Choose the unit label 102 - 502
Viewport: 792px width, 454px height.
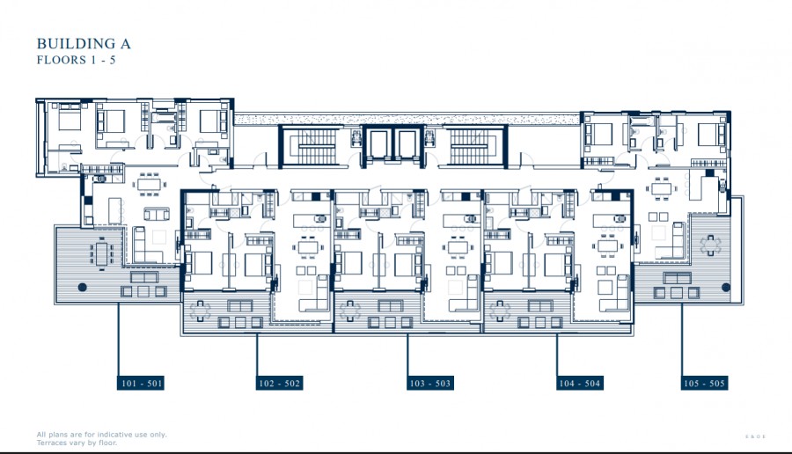pos(280,384)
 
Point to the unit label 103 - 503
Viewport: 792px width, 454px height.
pos(430,384)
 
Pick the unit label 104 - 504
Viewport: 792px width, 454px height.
pos(579,384)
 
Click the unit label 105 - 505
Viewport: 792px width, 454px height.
pos(704,384)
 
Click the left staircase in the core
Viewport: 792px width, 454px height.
pos(309,145)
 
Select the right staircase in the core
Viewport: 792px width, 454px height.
pos(476,145)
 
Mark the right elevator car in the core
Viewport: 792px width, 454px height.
pos(407,145)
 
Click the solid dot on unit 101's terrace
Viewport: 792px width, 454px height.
pos(81,288)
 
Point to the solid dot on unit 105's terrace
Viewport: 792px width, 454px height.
pos(723,288)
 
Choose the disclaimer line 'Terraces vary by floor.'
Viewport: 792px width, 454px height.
pos(77,443)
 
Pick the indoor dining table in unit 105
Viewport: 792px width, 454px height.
pos(663,188)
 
